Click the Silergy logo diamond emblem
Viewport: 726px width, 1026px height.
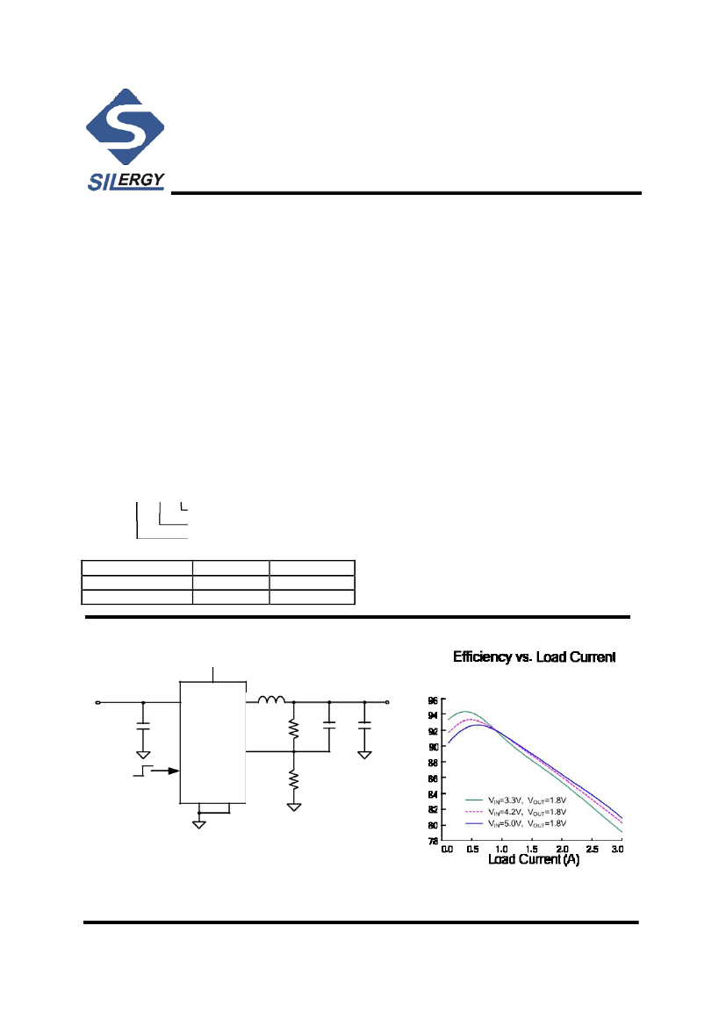pos(125,127)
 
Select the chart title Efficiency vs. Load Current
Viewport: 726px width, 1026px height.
pos(534,656)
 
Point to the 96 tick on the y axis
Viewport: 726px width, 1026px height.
pos(434,700)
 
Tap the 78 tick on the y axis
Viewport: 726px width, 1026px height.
pos(434,841)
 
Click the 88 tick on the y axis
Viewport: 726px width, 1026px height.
pos(434,763)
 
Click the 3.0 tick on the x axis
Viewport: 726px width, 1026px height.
pos(617,850)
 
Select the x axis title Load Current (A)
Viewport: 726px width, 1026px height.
pos(533,860)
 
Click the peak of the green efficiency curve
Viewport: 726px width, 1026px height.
pos(464,712)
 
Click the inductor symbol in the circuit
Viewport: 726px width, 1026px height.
pos(271,700)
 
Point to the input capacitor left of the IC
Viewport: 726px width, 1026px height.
pos(143,727)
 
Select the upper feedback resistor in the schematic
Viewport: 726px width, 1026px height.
pos(293,728)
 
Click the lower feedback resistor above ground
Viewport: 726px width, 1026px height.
pos(293,779)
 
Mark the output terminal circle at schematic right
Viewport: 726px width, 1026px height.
pos(387,702)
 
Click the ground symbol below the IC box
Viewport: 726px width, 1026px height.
pos(200,824)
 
